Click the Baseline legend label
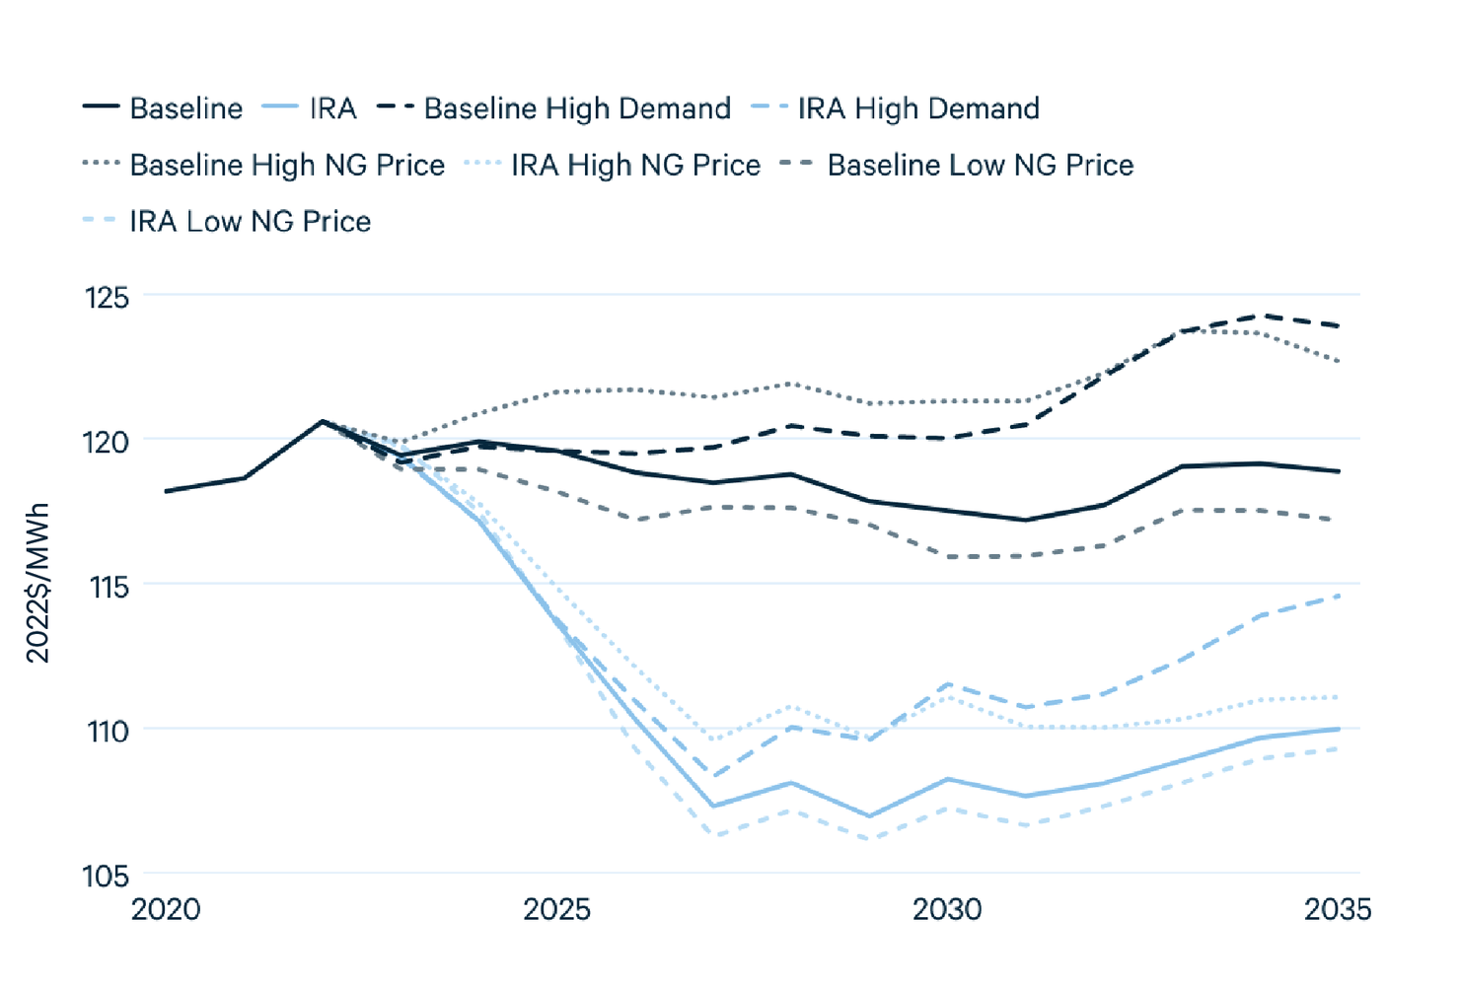pyautogui.click(x=185, y=108)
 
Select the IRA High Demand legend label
pyautogui.click(x=918, y=108)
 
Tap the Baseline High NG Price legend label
pyautogui.click(x=287, y=165)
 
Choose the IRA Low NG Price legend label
pyautogui.click(x=251, y=222)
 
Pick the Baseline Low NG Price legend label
pyautogui.click(x=981, y=165)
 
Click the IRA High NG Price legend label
pyautogui.click(x=635, y=165)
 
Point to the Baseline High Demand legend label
pyautogui.click(x=577, y=108)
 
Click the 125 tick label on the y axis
pyautogui.click(x=107, y=298)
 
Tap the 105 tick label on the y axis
pyautogui.click(x=106, y=877)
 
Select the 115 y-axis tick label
pyautogui.click(x=109, y=588)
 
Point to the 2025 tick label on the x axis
pyautogui.click(x=556, y=909)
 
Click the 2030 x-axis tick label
pyautogui.click(x=947, y=909)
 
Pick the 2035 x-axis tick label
pyautogui.click(x=1338, y=909)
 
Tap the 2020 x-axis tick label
pyautogui.click(x=166, y=909)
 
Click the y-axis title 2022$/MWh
pyautogui.click(x=37, y=584)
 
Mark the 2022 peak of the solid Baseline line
pyautogui.click(x=322, y=421)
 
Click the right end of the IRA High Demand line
pyautogui.click(x=1339, y=596)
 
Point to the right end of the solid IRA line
pyautogui.click(x=1339, y=729)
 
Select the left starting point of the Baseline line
pyautogui.click(x=166, y=491)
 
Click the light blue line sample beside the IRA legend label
pyautogui.click(x=279, y=106)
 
